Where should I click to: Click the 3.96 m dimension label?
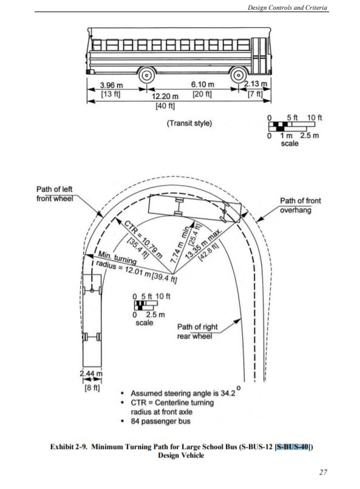pyautogui.click(x=111, y=85)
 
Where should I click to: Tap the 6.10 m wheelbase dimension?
pyautogui.click(x=202, y=84)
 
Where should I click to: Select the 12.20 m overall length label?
pyautogui.click(x=165, y=96)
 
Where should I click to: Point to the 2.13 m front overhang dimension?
pyautogui.click(x=256, y=84)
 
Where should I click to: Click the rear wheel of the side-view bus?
pyautogui.click(x=147, y=75)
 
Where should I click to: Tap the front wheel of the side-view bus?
pyautogui.click(x=239, y=75)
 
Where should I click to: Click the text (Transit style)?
pyautogui.click(x=189, y=123)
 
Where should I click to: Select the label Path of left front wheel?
pyautogui.click(x=54, y=194)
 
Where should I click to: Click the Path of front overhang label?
pyautogui.click(x=300, y=205)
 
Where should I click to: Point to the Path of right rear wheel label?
pyautogui.click(x=197, y=331)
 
